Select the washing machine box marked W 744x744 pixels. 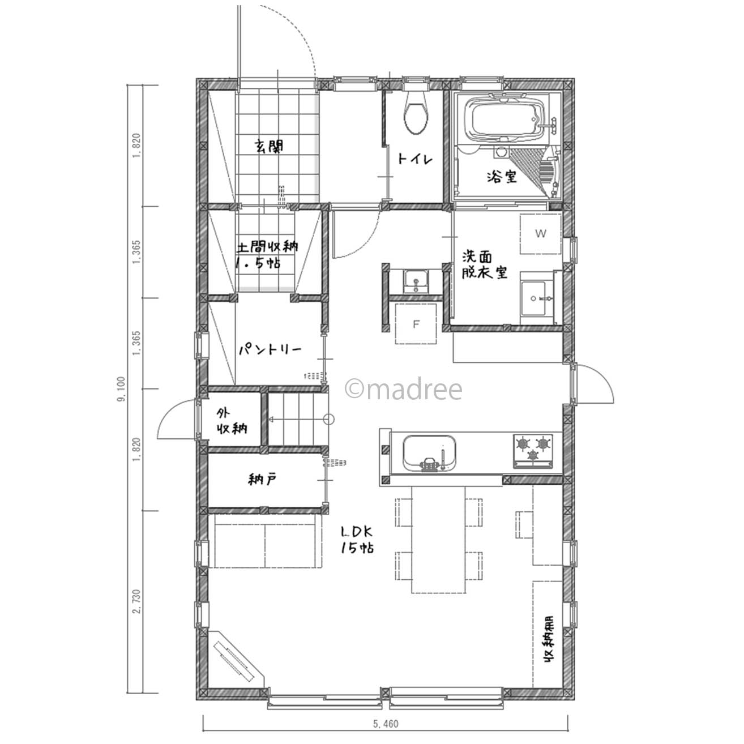tap(540, 234)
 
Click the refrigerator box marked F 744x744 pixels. tap(416, 324)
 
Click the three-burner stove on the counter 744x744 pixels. tap(533, 451)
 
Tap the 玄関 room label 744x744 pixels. tap(269, 146)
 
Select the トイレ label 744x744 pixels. tap(416, 159)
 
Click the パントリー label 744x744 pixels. tap(270, 350)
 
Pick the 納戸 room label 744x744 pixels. tap(262, 480)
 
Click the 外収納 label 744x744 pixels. tap(231, 421)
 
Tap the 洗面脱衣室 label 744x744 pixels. tap(485, 265)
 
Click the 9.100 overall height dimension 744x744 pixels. tap(122, 389)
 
